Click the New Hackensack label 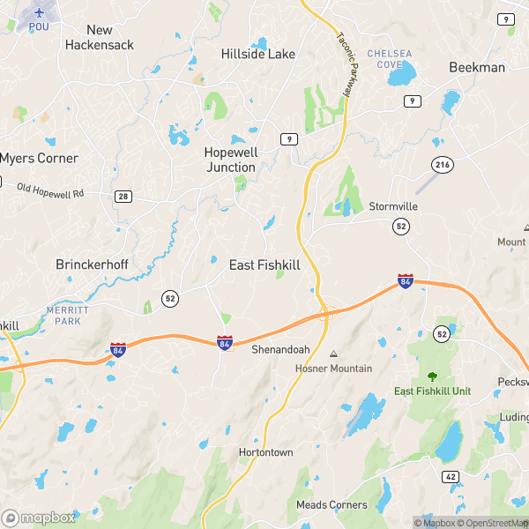point(99,36)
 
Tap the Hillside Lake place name point(257,54)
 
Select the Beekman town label point(477,67)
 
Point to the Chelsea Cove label point(390,58)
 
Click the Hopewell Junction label point(231,159)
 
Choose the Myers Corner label point(39,159)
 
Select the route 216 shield point(442,165)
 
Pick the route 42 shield point(451,476)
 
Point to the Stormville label point(393,206)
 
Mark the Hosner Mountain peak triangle point(333,354)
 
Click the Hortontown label point(265,452)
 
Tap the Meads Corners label point(332,505)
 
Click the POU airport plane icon point(39,12)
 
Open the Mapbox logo point(39,518)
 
